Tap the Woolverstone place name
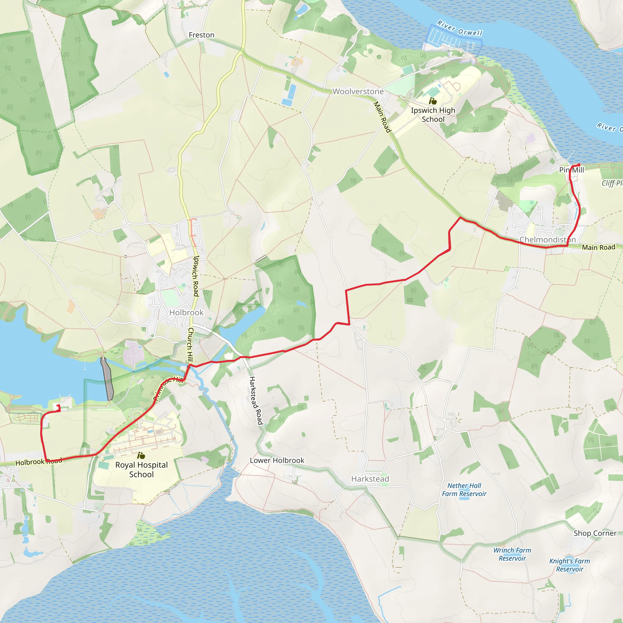click(x=358, y=92)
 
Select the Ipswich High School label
click(x=433, y=115)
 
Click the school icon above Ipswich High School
click(x=433, y=101)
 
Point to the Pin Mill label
click(x=571, y=170)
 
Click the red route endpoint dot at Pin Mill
click(x=579, y=165)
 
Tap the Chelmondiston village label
click(x=548, y=240)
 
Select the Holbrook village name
click(x=186, y=312)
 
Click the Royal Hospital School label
click(x=141, y=469)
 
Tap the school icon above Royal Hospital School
click(x=141, y=456)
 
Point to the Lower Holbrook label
click(x=277, y=461)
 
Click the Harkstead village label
click(x=370, y=479)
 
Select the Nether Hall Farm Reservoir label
click(x=464, y=489)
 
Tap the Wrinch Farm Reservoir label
click(x=512, y=554)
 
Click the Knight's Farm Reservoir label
click(x=569, y=565)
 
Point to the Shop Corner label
click(x=595, y=533)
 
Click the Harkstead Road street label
click(x=256, y=401)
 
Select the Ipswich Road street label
click(x=196, y=276)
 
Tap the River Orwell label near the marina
click(x=460, y=28)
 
